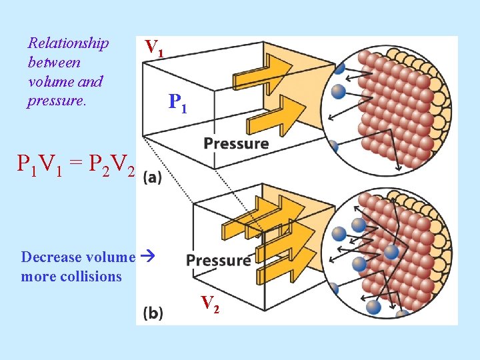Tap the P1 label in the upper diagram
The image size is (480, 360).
pos(179,102)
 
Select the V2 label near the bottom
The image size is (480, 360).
pos(211,303)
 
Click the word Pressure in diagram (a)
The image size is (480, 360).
pos(236,143)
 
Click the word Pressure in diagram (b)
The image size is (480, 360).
pos(219,260)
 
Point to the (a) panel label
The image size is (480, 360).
pos(152,178)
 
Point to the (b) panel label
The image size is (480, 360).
pos(153,312)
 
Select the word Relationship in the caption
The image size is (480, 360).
pos(68,43)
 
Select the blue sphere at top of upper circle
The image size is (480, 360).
pos(340,67)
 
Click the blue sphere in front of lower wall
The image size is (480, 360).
pos(391,252)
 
